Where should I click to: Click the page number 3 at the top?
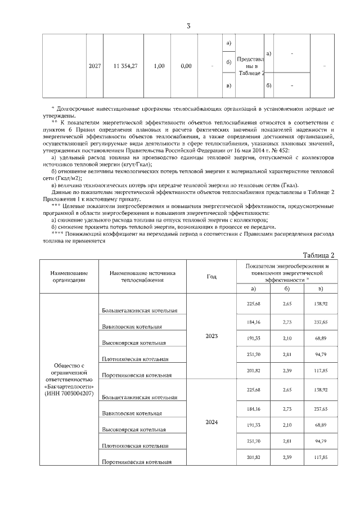[189, 25]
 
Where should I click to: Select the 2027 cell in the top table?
[95, 66]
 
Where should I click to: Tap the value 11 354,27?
[125, 66]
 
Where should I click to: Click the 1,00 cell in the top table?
[159, 66]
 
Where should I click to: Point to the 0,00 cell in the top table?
[186, 66]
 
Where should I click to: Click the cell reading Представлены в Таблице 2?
[250, 66]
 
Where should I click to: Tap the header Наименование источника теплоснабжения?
[143, 276]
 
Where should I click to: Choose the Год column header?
[211, 276]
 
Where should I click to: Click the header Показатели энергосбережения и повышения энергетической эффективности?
[287, 272]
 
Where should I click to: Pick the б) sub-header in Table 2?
[287, 289]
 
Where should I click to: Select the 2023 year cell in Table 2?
[211, 336]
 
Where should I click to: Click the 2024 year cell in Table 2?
[211, 422]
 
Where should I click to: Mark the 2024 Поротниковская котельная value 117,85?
[321, 457]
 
